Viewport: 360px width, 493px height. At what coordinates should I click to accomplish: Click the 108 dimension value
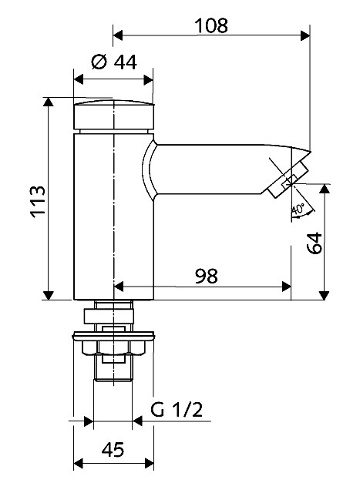coord(211,25)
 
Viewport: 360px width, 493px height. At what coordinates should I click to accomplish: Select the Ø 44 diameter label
coord(114,62)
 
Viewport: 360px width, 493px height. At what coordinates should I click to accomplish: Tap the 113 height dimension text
coord(38,202)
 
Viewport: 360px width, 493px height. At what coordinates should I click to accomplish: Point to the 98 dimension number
coord(206,276)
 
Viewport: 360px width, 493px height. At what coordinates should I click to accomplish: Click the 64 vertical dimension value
coord(315,243)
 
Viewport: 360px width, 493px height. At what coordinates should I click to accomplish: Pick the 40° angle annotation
coord(298,209)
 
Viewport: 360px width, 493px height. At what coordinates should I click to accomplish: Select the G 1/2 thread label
coord(177,410)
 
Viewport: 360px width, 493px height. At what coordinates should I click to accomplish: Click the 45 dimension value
coord(113,450)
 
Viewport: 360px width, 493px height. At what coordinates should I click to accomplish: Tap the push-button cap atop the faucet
coord(114,115)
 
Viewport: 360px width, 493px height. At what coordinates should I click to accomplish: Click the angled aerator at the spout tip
coord(288,179)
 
